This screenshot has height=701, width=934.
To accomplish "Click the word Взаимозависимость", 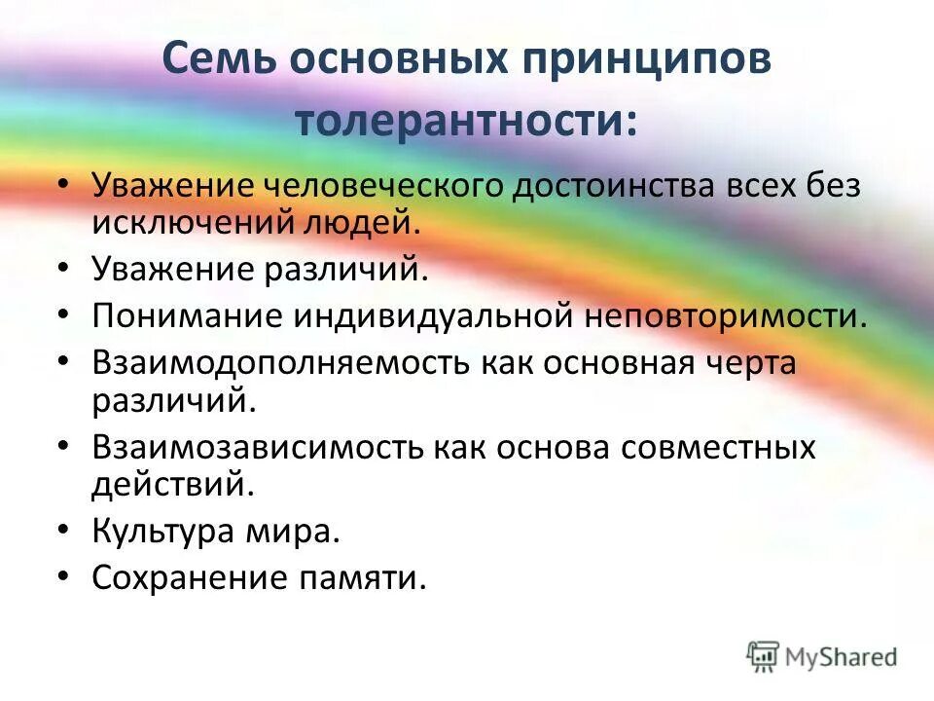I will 258,447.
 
